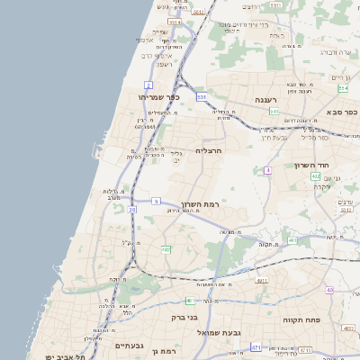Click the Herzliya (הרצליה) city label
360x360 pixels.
coord(208,150)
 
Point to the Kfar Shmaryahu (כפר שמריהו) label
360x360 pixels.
coord(159,97)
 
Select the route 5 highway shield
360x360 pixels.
coord(156,200)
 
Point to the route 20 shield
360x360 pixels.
coord(132,210)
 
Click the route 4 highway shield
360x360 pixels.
coord(267,170)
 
